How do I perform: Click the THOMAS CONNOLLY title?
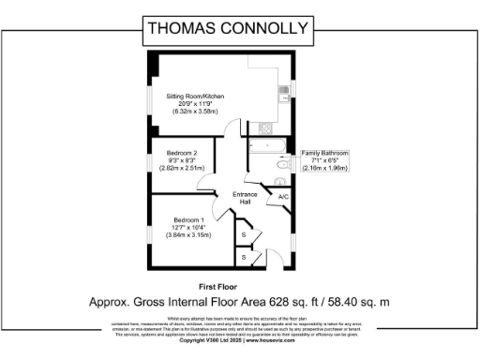[240, 28]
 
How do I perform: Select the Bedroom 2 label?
[182, 153]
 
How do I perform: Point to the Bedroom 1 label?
[188, 218]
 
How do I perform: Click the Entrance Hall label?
[245, 198]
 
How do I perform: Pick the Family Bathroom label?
[324, 153]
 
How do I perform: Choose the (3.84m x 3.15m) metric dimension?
[191, 233]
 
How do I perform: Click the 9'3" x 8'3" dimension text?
[182, 160]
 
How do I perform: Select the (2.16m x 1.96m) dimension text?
[324, 168]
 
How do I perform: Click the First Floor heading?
[217, 285]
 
